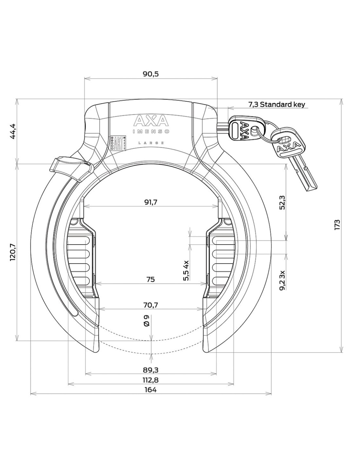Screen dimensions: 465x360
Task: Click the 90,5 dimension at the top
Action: click(151, 74)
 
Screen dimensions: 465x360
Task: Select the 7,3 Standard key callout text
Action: click(277, 105)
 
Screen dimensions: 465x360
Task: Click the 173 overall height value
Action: click(337, 225)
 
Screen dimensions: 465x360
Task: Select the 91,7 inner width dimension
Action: click(151, 202)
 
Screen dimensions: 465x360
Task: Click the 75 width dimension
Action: click(150, 279)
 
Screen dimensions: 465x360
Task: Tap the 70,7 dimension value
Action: click(151, 305)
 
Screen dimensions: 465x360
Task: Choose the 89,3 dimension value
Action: click(151, 370)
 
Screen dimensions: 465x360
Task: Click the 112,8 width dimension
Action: click(151, 380)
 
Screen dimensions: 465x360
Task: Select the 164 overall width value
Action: click(151, 390)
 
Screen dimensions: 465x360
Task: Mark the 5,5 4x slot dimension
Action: click(186, 270)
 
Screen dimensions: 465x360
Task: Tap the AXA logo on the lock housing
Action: click(151, 121)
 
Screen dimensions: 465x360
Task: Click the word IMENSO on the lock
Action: click(151, 131)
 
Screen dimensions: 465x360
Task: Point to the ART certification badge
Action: click(118, 143)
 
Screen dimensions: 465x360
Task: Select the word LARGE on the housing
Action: click(151, 143)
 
